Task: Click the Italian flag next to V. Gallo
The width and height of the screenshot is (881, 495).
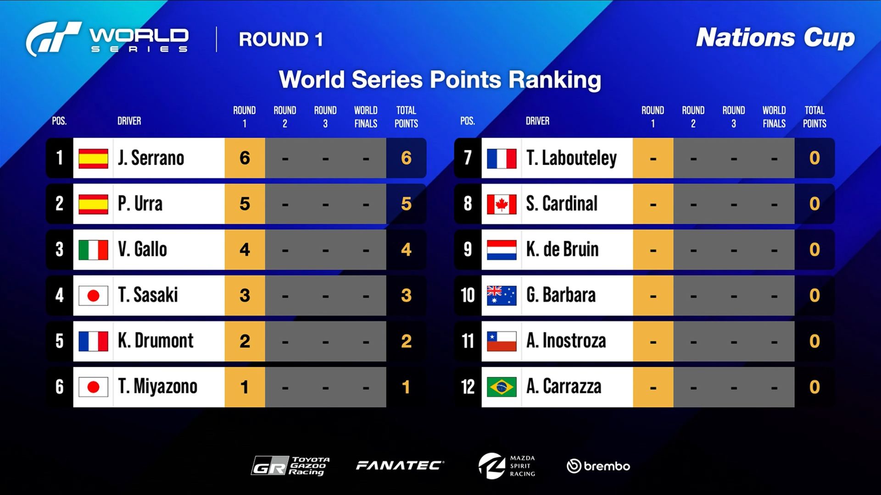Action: point(93,250)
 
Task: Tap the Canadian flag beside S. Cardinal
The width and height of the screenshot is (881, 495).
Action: point(502,204)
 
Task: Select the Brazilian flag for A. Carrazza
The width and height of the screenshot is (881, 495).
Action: point(502,387)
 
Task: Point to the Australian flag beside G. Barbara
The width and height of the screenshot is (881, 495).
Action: point(502,296)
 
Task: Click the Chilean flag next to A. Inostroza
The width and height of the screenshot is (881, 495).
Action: point(502,341)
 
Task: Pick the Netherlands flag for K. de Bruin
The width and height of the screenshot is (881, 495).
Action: point(502,250)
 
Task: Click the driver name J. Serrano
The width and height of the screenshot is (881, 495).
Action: point(151,158)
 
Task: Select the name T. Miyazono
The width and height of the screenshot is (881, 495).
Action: point(157,387)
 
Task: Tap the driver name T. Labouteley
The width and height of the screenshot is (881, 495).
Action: point(571,158)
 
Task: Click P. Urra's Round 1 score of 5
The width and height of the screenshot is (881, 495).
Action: point(245,204)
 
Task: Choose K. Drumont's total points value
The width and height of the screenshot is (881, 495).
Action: point(406,341)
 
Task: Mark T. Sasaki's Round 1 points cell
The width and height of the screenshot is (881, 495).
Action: point(245,296)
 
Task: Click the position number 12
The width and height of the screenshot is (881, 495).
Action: point(468,387)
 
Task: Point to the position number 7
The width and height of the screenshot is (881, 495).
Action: point(468,158)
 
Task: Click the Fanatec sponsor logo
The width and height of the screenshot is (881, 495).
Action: point(400,466)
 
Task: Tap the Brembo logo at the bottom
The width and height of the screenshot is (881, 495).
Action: point(598,466)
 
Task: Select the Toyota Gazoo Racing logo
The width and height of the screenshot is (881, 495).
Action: point(290,466)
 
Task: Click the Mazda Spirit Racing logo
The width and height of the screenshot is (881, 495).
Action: point(507,466)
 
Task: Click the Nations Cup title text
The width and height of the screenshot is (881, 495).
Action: point(775,38)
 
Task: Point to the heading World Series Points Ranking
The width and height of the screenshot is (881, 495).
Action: point(440,79)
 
